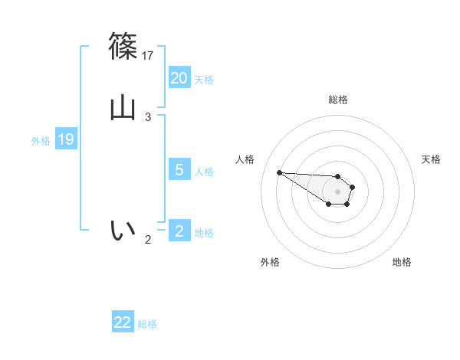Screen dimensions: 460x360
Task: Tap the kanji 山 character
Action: (123, 106)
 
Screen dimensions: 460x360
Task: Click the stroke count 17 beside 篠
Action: (149, 55)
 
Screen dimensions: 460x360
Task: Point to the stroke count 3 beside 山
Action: (148, 117)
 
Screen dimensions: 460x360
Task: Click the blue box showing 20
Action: (179, 78)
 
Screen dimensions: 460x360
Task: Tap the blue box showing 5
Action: (179, 170)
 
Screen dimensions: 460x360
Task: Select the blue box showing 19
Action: (66, 139)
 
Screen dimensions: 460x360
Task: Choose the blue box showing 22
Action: (123, 322)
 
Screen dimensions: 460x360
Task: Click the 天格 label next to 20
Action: (204, 80)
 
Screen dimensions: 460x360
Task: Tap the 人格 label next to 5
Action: (204, 172)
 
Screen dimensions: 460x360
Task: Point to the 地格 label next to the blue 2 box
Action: (204, 233)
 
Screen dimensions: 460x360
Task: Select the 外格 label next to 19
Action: (41, 141)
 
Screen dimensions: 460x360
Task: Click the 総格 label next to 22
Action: (147, 324)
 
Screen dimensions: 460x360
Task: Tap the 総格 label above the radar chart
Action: (338, 100)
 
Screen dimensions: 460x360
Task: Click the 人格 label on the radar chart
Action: (245, 159)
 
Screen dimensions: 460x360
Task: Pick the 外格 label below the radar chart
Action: (270, 263)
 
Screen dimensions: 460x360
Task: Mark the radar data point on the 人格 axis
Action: (279, 172)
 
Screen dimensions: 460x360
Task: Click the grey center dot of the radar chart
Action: (337, 191)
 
